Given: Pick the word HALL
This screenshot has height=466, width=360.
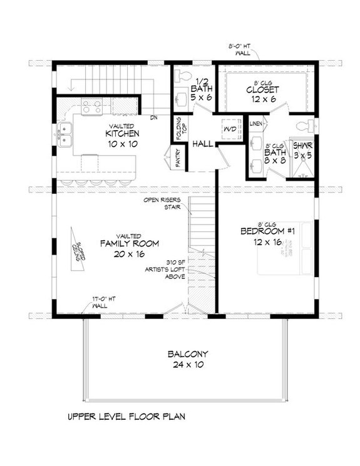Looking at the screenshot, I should coord(202,144).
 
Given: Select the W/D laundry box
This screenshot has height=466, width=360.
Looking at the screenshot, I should coord(229,129).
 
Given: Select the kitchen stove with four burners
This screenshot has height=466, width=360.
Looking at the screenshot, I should coord(92,106).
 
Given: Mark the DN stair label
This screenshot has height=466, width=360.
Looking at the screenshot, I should coord(153,117).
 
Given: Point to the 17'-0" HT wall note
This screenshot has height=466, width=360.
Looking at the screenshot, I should coord(101,303).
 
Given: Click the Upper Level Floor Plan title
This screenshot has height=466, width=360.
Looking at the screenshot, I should coord(125,415).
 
